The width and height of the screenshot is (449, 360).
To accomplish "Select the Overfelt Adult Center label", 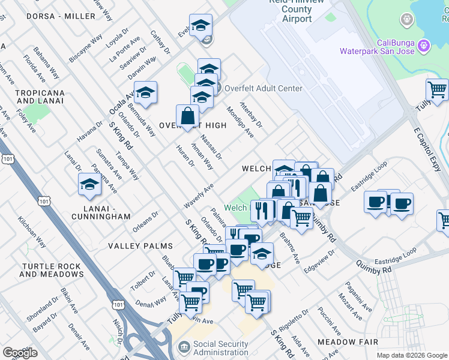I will click(x=259, y=88).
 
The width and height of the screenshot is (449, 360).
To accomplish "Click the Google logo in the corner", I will click(x=20, y=353).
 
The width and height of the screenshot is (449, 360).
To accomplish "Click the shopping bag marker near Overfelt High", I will click(x=188, y=116).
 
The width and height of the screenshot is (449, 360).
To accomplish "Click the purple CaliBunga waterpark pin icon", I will click(x=424, y=45).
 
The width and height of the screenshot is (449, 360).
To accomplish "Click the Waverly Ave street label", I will click(x=199, y=196).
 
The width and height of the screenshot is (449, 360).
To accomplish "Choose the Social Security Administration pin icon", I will click(x=184, y=347).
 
